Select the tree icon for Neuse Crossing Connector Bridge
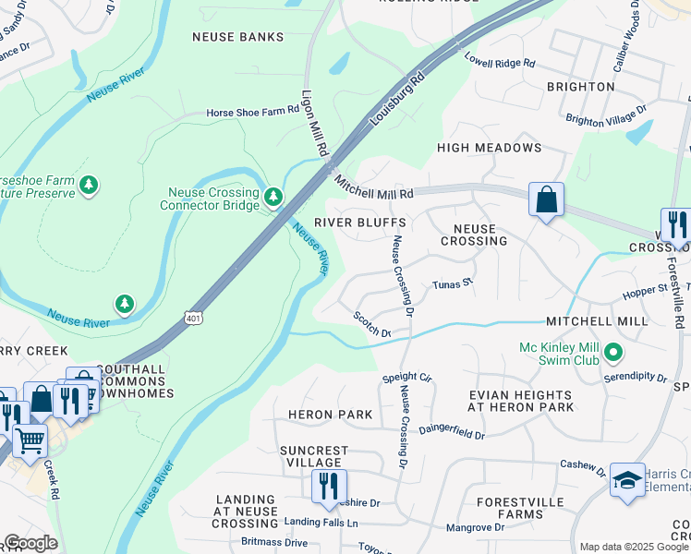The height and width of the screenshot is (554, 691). (x=273, y=196)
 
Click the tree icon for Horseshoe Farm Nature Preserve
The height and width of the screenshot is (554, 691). (x=89, y=185)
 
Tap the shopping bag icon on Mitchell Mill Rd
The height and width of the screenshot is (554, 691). (x=546, y=199)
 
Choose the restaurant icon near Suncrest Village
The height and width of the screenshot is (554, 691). (x=329, y=486)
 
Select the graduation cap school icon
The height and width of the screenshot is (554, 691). (x=627, y=480)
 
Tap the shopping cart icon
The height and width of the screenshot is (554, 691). (x=30, y=441)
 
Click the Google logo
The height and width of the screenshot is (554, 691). (x=30, y=543)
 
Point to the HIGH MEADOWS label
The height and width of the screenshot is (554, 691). (x=489, y=148)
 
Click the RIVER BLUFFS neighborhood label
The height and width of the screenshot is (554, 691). (x=359, y=223)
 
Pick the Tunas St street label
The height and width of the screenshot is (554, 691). (x=453, y=284)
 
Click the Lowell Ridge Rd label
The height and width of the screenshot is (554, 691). (x=500, y=62)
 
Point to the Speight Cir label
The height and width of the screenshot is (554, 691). (x=406, y=379)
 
